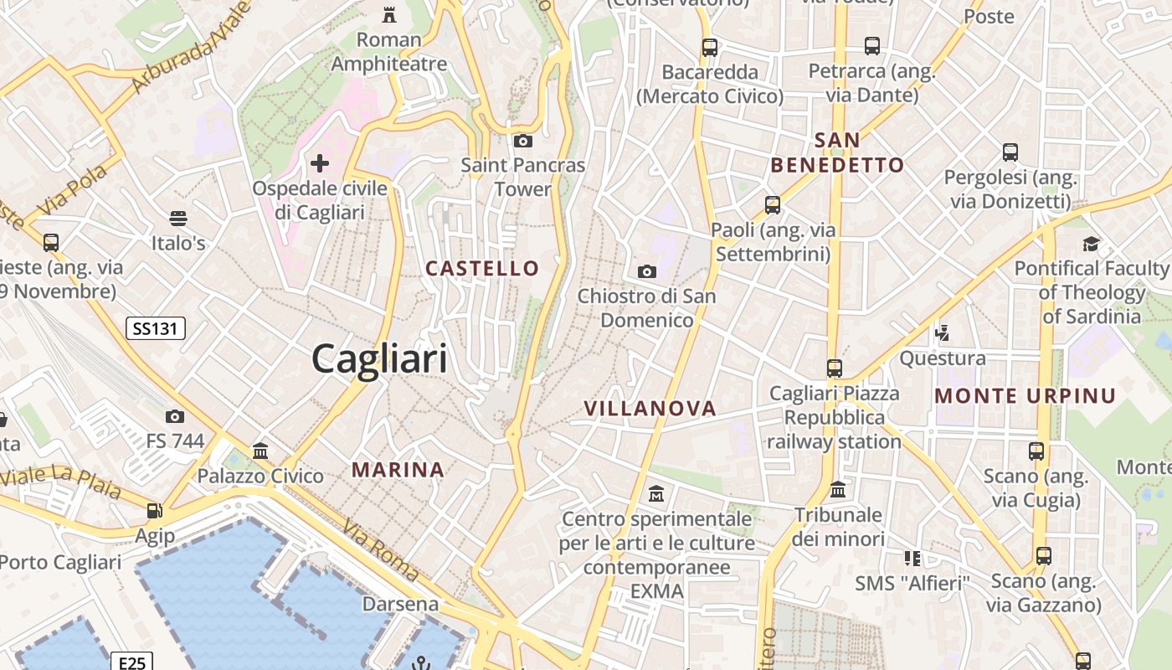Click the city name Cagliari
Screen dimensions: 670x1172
379,359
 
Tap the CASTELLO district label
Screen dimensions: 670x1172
482,268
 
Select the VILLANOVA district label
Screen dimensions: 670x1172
650,408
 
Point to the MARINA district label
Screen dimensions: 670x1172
398,469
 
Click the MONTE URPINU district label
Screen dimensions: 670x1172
1025,395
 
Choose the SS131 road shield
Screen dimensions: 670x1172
156,328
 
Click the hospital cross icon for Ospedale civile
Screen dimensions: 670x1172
320,162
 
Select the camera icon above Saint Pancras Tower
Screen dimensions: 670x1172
523,141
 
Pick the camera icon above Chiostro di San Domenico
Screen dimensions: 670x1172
646,271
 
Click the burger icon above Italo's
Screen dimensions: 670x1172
177,219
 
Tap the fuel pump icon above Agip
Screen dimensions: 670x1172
154,510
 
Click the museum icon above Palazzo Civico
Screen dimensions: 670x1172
260,451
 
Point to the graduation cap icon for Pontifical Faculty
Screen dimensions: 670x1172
1091,244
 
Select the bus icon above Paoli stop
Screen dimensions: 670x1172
772,204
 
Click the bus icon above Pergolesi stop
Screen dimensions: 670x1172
1010,152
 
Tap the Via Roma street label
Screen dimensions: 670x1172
382,549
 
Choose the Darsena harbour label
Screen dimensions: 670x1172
400,603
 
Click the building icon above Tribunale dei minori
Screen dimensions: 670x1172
838,489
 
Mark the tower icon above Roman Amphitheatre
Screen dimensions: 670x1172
389,14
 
